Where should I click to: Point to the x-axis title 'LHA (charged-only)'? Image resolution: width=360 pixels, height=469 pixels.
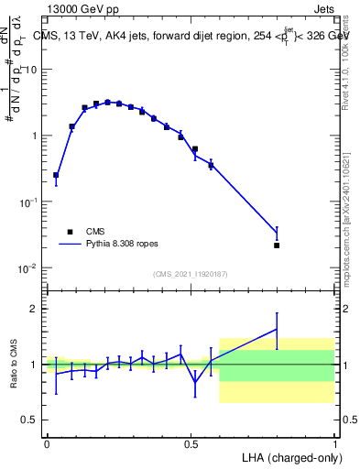click(x=286, y=456)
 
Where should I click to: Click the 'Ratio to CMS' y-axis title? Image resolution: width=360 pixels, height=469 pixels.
click(x=13, y=365)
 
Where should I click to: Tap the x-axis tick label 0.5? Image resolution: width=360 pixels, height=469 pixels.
click(x=191, y=442)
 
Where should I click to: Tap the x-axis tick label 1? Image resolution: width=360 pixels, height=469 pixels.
click(x=334, y=442)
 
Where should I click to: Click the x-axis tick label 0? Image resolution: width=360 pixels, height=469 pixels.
click(x=47, y=442)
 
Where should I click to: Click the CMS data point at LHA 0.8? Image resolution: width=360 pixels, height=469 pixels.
click(x=277, y=245)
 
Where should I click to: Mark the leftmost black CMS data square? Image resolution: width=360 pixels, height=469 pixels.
click(x=56, y=175)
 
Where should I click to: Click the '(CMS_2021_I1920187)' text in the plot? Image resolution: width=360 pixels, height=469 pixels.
click(x=191, y=274)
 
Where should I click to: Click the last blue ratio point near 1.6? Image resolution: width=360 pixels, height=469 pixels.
click(x=277, y=329)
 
